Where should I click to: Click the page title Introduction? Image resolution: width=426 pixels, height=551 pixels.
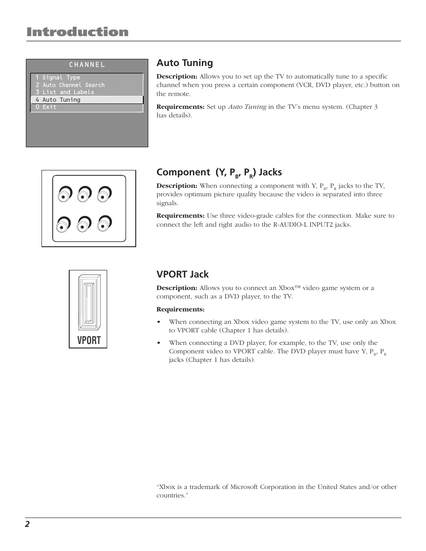point(77,32)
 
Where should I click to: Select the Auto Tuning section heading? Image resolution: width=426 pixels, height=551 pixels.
point(184,63)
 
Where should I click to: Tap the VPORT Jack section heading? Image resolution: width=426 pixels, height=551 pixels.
point(182,274)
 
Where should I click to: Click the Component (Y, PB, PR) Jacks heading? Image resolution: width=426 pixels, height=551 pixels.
point(219,172)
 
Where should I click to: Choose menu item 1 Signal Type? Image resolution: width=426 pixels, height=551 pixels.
point(58,78)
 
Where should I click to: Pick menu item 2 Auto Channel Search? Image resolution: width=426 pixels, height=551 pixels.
point(70,85)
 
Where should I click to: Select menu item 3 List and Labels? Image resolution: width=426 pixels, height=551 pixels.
point(65,92)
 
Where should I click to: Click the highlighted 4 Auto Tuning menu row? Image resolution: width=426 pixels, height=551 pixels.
point(87,100)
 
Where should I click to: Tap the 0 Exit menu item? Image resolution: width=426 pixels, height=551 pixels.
point(46,107)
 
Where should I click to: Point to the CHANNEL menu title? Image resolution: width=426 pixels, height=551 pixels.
point(87,65)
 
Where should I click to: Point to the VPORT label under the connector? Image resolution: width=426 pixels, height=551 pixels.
point(89,340)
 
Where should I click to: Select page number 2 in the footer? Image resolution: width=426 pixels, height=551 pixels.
point(27,524)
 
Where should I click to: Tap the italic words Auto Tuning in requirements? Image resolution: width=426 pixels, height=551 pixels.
point(247,107)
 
